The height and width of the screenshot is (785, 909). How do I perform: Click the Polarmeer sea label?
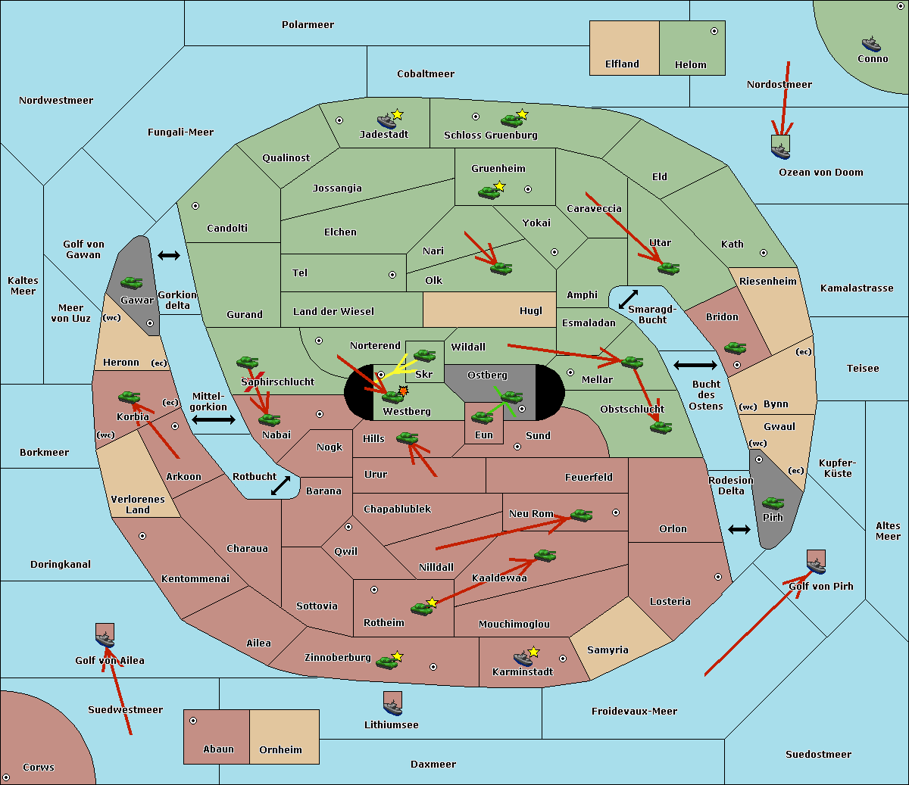click(308, 25)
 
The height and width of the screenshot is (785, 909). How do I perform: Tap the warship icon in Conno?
click(871, 44)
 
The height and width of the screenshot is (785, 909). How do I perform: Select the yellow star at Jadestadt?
click(397, 114)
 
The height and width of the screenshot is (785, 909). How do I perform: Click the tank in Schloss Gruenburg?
click(511, 120)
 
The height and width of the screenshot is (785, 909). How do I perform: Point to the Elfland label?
click(622, 64)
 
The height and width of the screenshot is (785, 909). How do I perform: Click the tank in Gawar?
click(132, 283)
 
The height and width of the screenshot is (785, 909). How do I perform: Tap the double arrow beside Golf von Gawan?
click(169, 255)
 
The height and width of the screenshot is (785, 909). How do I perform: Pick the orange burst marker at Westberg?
click(403, 391)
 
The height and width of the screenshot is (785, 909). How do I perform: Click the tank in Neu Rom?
click(581, 516)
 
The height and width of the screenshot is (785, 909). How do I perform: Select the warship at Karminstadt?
click(523, 658)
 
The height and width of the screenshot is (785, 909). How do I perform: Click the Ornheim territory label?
click(280, 750)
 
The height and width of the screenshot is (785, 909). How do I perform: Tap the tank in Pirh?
click(773, 503)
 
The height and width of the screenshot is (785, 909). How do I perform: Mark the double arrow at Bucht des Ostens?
click(695, 366)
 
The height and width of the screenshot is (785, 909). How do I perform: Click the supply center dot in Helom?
click(714, 31)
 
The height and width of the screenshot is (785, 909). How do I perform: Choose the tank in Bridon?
click(735, 348)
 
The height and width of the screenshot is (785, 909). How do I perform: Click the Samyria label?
click(608, 650)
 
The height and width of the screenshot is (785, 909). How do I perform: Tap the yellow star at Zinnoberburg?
click(397, 656)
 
